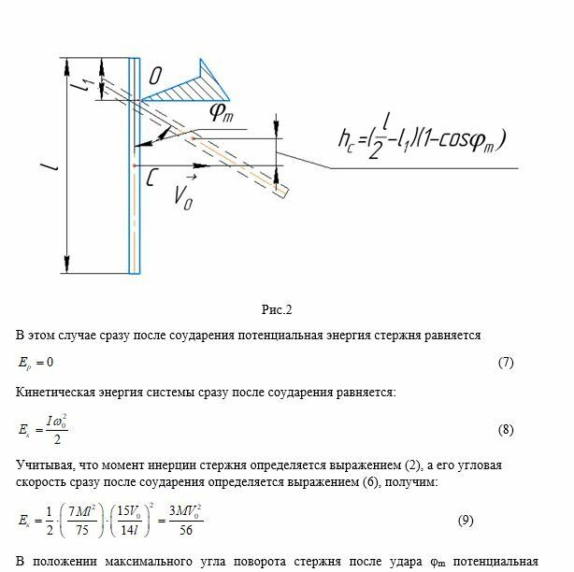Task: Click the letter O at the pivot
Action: pyautogui.click(x=156, y=75)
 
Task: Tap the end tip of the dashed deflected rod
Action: pyautogui.click(x=285, y=191)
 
